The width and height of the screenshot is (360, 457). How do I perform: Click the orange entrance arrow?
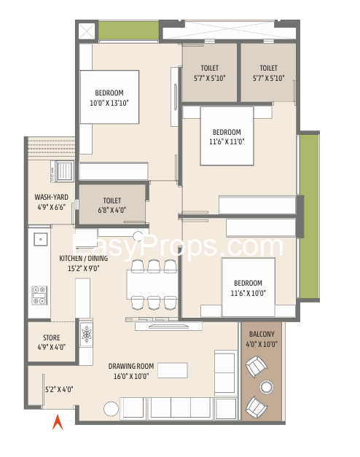coord(58,423)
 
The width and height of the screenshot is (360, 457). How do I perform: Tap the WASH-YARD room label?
coord(51,197)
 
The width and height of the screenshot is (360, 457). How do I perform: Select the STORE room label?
coord(52,337)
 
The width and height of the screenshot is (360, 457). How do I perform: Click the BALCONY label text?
coord(262,334)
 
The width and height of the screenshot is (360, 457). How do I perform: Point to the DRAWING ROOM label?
coord(131,366)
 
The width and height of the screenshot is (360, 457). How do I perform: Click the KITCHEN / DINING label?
coord(83,258)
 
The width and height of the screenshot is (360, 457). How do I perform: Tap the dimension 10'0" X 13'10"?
coord(109,103)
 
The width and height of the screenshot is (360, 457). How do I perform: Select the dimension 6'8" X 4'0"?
coord(112,210)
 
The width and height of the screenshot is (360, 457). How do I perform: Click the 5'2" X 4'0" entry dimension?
coord(59,389)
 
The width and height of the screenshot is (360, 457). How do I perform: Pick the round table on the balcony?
coord(266,387)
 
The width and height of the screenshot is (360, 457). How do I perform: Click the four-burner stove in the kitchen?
coord(39,295)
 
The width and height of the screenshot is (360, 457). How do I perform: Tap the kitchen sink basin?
coord(41,239)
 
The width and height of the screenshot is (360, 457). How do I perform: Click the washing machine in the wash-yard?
coord(62,171)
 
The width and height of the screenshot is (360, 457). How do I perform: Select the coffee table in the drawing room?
coord(173,370)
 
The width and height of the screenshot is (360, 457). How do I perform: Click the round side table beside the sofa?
coord(111,409)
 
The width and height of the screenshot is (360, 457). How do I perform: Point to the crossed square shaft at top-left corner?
coord(87,31)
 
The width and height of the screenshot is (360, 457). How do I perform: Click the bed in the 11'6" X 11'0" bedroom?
coord(227,136)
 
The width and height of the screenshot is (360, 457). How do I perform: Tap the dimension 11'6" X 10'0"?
coord(248,293)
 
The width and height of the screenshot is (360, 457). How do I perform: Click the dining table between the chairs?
coord(152,284)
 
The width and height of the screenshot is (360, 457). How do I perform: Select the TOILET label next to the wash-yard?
coord(112,200)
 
